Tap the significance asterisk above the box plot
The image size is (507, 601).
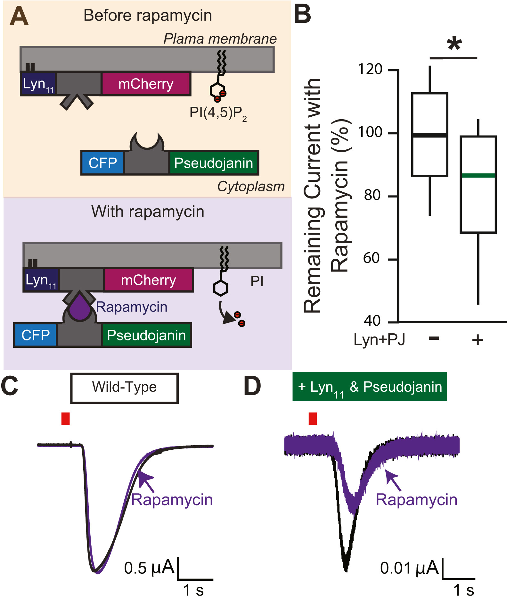(454, 44)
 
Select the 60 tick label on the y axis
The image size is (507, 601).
(372, 258)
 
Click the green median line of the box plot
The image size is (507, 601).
(478, 175)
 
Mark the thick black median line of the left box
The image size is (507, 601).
(429, 135)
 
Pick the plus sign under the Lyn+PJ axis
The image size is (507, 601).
(478, 340)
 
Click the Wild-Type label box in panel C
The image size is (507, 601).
(124, 388)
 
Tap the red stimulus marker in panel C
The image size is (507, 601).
(65, 419)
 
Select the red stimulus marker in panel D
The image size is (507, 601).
(313, 419)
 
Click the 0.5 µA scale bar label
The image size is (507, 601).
(149, 568)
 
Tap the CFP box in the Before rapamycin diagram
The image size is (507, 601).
(102, 163)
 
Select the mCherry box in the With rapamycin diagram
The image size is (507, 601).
(149, 280)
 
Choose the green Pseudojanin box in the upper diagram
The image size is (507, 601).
(214, 163)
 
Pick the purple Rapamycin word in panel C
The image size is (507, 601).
(172, 500)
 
